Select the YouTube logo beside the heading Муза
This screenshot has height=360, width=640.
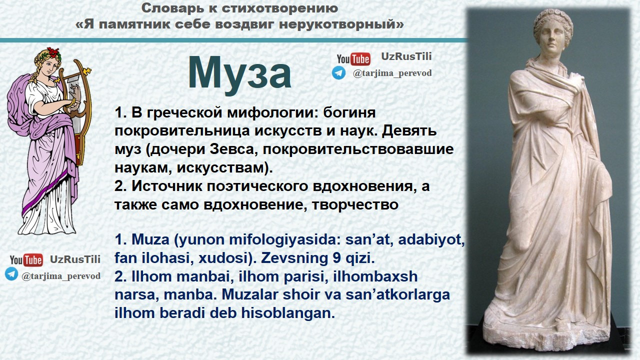(353, 59)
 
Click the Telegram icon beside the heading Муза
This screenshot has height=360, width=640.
(338, 73)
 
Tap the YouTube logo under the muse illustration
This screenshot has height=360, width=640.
(26, 260)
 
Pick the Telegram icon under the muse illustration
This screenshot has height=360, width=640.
(11, 274)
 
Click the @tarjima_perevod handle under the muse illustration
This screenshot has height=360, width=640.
(61, 276)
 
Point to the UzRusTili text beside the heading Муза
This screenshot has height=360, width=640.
(406, 56)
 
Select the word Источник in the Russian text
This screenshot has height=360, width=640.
(167, 186)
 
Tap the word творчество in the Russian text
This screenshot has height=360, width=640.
(355, 204)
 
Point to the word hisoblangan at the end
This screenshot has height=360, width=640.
(288, 313)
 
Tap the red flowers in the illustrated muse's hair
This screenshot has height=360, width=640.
(53, 52)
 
